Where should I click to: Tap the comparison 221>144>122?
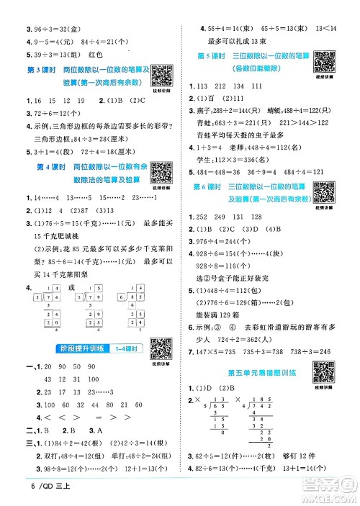click(310, 122)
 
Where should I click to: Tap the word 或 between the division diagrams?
click(70, 288)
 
